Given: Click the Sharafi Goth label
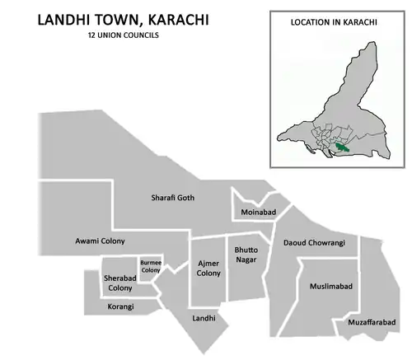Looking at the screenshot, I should pos(172,198).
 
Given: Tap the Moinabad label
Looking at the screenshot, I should pos(257,213).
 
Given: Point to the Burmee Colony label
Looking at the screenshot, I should pos(150,266).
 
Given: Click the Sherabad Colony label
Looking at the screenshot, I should pos(119,283).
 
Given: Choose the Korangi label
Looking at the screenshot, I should pos(120,306).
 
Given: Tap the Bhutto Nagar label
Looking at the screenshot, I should pos(246,254).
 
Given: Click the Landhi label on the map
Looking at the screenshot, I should pos(204,317).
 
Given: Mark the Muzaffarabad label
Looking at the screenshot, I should pos(372,323).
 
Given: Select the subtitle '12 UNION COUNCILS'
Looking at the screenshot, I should pos(122,37).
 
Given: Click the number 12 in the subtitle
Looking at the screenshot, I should pos(90,37).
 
